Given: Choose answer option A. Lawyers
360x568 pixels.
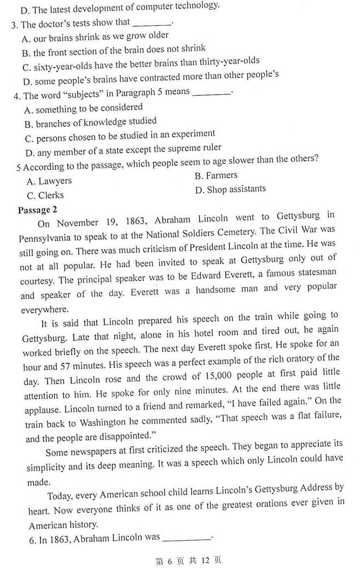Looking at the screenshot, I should pos(49,181).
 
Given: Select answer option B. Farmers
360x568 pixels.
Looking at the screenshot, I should pos(216,175).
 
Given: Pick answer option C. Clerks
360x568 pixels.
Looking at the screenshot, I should pos(45,196).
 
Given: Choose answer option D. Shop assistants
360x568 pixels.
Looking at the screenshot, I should pos(230,190).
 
